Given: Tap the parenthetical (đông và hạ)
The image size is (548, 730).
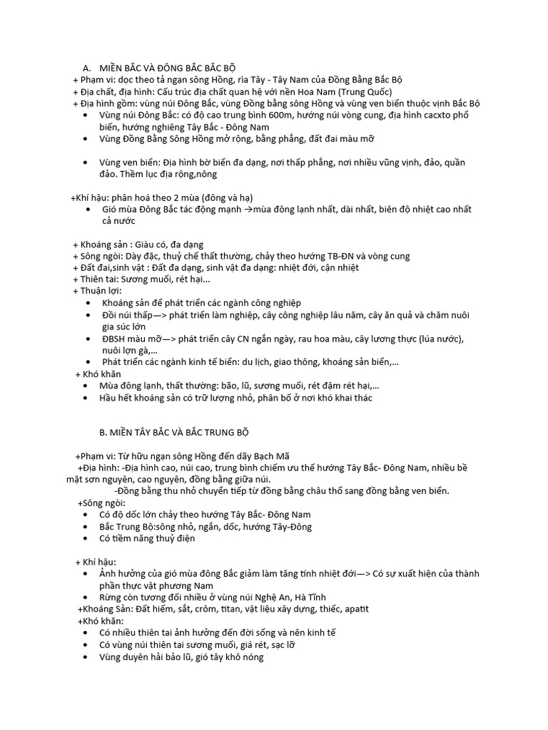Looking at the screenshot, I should (x=221, y=197).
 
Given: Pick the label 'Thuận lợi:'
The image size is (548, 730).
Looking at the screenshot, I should (x=101, y=290).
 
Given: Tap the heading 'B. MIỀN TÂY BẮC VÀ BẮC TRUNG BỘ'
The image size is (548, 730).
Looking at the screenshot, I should (x=173, y=433).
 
